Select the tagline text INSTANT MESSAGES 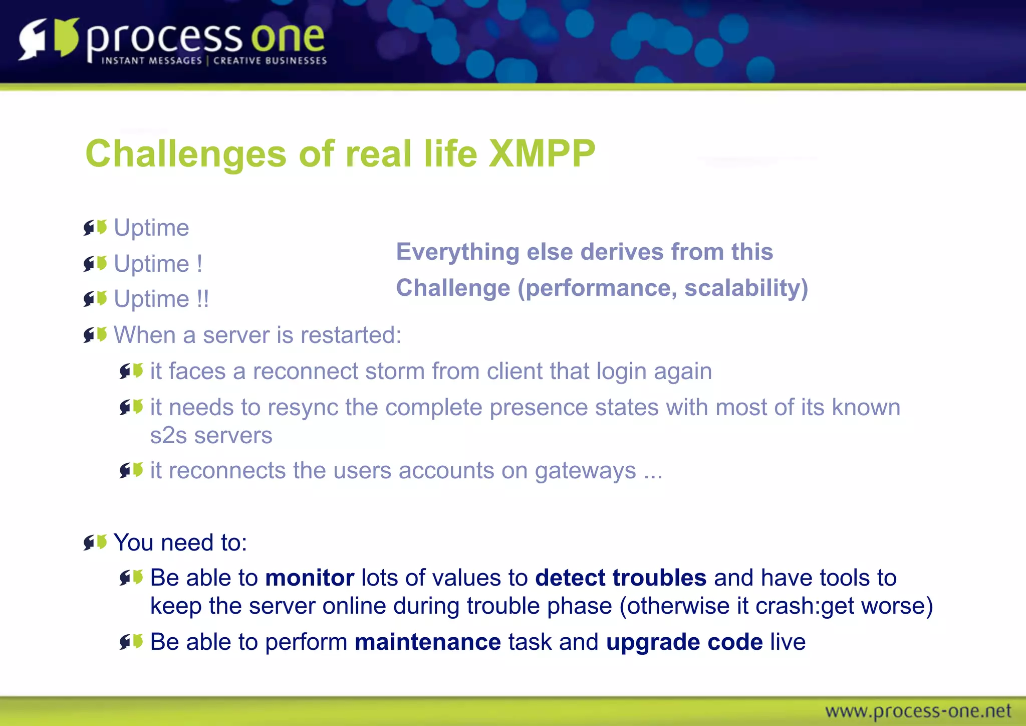[x=151, y=61]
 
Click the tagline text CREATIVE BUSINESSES [x=270, y=61]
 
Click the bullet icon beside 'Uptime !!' [x=95, y=299]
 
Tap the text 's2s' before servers [x=168, y=435]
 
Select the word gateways [x=585, y=471]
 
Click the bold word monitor [x=310, y=578]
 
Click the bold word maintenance [x=427, y=642]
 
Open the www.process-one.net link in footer [x=918, y=711]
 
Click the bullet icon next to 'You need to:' [x=95, y=542]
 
